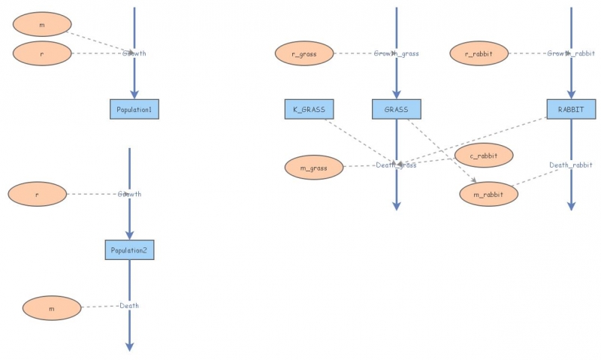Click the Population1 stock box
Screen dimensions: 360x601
click(x=134, y=110)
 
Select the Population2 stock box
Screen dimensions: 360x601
click(x=129, y=250)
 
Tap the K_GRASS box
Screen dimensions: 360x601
click(x=309, y=110)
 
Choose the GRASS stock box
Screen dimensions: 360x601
click(x=397, y=110)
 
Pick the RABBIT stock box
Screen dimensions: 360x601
click(x=571, y=110)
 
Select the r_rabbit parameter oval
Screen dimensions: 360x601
click(x=479, y=53)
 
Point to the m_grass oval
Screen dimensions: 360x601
click(x=314, y=168)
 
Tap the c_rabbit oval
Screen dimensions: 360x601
click(x=485, y=156)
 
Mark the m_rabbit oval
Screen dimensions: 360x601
click(x=488, y=195)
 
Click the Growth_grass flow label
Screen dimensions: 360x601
click(x=396, y=53)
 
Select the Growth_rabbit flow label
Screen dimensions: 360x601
click(x=571, y=53)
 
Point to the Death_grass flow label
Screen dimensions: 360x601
click(x=396, y=165)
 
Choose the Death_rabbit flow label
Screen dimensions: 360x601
click(x=571, y=165)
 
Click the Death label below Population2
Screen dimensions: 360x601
click(x=129, y=306)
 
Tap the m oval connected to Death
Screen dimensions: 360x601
click(x=52, y=308)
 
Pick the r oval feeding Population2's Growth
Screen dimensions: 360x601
click(x=38, y=195)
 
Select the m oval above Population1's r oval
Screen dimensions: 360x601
click(x=42, y=25)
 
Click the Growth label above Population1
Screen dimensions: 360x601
click(x=134, y=53)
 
